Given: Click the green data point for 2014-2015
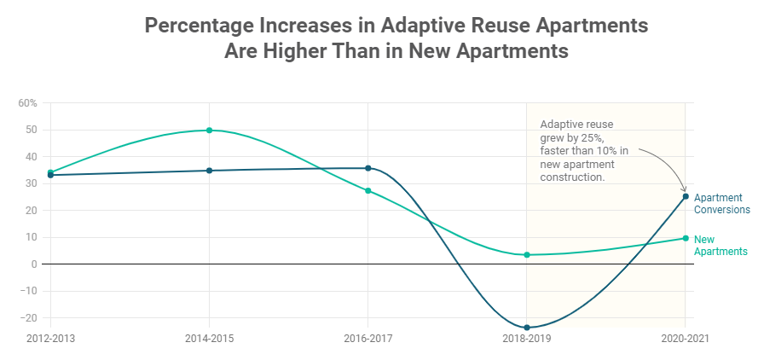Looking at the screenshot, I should [209, 131].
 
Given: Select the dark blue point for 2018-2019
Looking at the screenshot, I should [527, 328].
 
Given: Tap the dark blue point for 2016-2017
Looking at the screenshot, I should [368, 168].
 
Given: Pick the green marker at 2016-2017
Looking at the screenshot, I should [368, 190].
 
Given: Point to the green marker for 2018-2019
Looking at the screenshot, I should [527, 254].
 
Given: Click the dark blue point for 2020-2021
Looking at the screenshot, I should [686, 196].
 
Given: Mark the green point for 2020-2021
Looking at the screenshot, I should [686, 238].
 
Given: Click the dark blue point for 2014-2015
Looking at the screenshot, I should [209, 171].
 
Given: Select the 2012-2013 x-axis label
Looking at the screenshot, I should [50, 339].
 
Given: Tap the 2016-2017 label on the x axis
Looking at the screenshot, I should [368, 339].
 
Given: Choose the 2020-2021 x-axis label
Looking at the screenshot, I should [685, 339].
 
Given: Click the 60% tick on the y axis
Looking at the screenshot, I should [27, 103].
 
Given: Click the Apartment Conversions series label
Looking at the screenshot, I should [721, 203].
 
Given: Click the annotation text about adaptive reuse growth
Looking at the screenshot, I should [584, 150].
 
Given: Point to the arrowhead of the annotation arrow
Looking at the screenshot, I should [683, 189].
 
